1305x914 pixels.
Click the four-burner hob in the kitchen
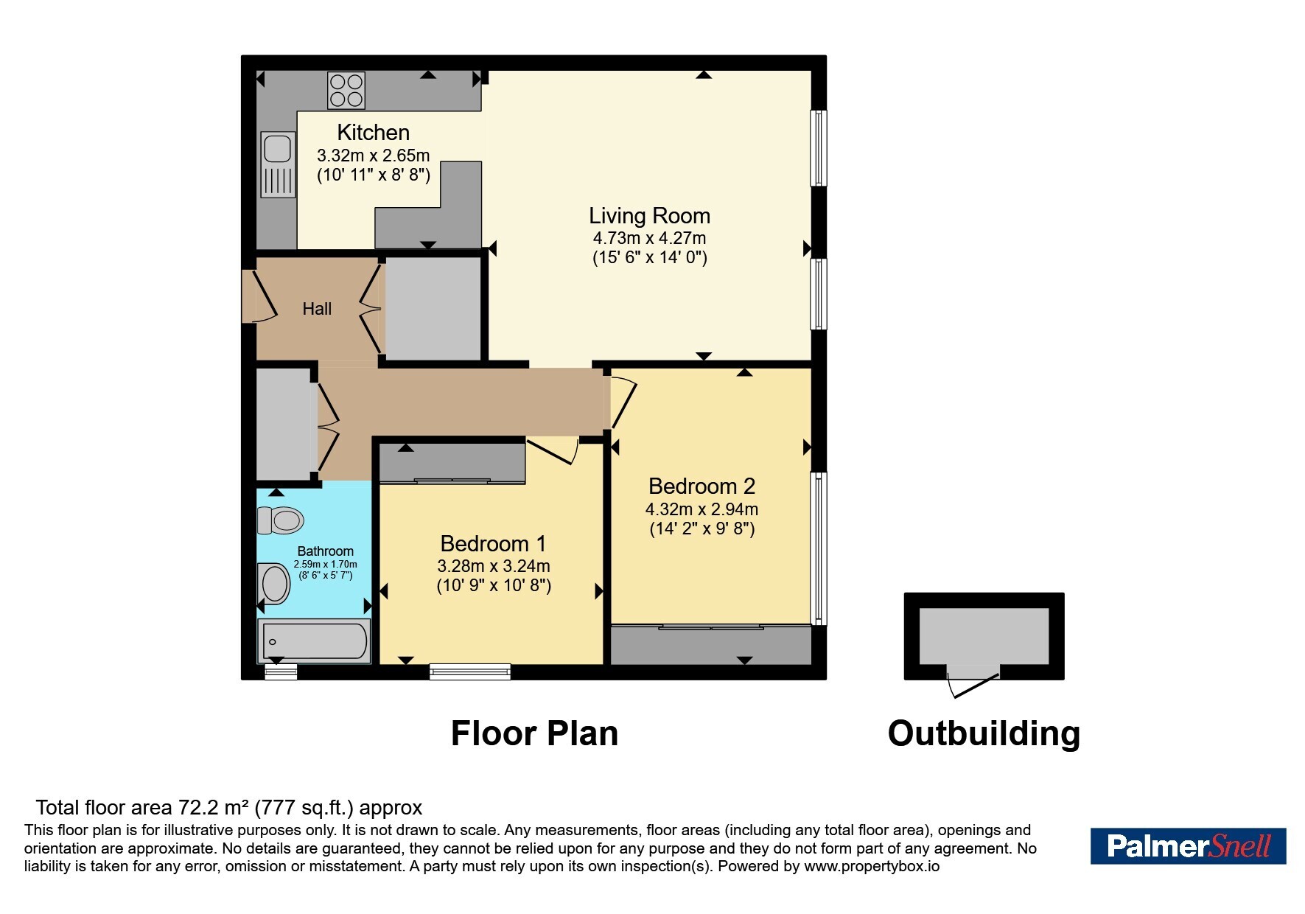click(x=346, y=91)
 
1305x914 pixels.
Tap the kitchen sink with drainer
click(x=278, y=164)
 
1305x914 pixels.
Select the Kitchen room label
click(x=373, y=133)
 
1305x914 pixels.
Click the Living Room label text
click(x=649, y=216)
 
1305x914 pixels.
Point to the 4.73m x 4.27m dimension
click(x=649, y=238)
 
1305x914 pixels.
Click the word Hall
click(x=317, y=309)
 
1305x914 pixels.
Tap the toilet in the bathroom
click(x=280, y=520)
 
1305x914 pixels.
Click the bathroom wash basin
click(x=273, y=584)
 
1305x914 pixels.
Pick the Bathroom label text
click(x=325, y=551)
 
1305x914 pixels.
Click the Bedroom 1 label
click(x=493, y=544)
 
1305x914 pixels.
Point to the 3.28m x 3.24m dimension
click(x=493, y=566)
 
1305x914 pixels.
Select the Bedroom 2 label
click(x=702, y=486)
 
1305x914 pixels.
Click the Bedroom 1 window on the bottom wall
click(x=470, y=671)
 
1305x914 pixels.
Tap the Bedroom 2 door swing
click(x=623, y=402)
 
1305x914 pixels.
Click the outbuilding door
click(x=973, y=681)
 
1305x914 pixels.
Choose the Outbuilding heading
click(x=984, y=733)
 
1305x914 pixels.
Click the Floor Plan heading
click(x=534, y=733)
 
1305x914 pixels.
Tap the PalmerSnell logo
click(x=1188, y=845)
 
